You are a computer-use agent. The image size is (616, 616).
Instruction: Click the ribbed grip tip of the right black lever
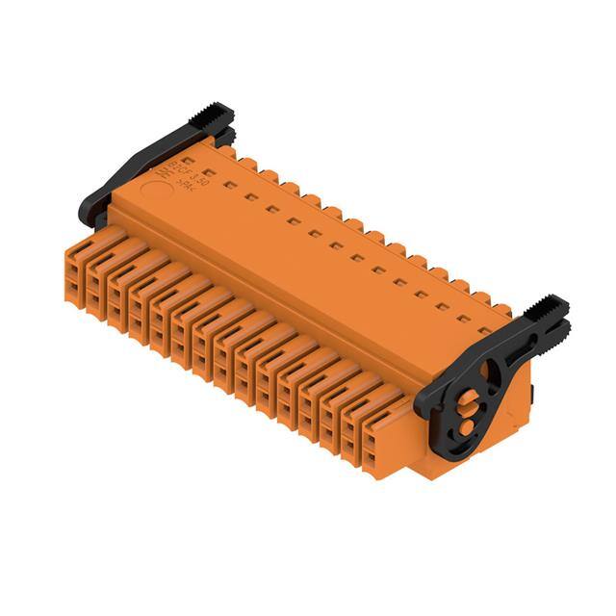point(551,311)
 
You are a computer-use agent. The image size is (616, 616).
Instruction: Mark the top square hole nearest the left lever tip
point(191,163)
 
